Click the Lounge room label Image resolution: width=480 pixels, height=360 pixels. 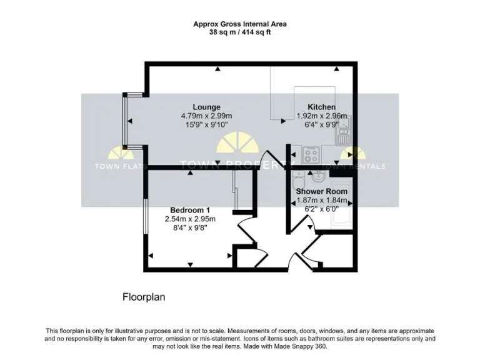click(206, 107)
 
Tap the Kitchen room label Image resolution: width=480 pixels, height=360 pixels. click(321, 107)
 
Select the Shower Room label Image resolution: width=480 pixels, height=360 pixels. click(321, 191)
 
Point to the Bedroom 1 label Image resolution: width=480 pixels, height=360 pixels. click(190, 210)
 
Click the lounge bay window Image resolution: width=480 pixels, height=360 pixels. click(126, 120)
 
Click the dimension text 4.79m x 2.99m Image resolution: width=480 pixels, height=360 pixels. click(206, 116)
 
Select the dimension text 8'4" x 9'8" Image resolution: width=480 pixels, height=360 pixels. click(190, 228)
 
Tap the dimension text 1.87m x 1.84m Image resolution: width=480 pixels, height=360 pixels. click(321, 200)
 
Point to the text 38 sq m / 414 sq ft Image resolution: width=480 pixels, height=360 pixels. click(240, 32)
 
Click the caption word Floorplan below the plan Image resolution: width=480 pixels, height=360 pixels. click(143, 297)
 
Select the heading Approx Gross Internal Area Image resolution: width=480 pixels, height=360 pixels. click(240, 24)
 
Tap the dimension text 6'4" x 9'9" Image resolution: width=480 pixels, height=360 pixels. click(321, 124)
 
